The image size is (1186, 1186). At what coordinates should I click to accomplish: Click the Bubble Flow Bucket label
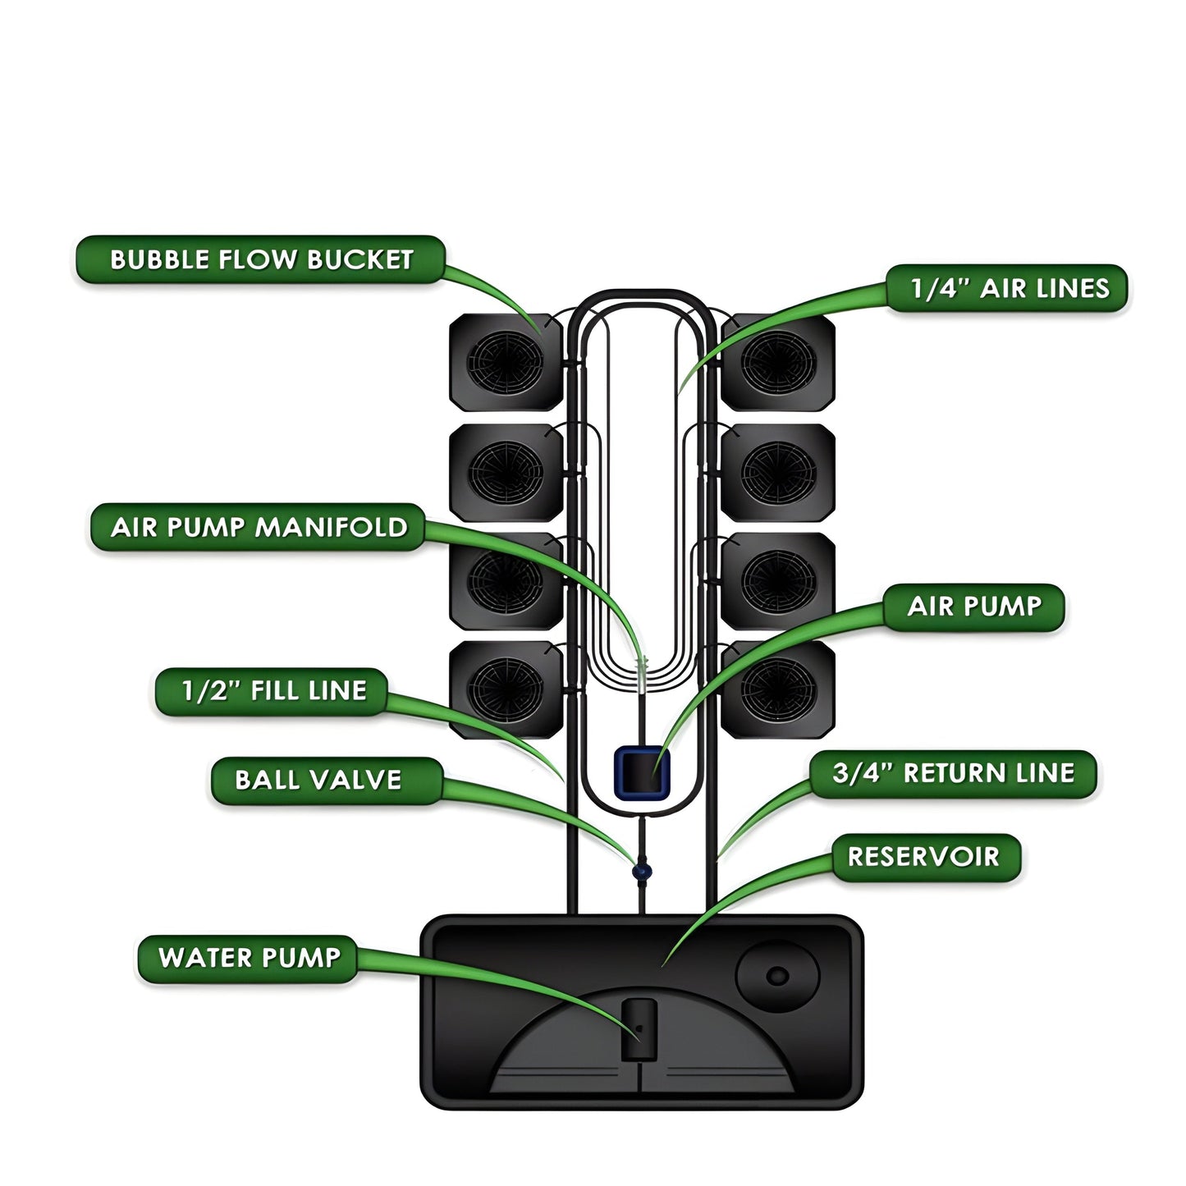[x=260, y=260]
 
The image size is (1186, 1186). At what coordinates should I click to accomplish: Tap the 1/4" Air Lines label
[x=1008, y=288]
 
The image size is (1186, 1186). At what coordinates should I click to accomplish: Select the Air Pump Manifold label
[x=258, y=527]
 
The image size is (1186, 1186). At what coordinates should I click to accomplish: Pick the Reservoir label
[x=925, y=857]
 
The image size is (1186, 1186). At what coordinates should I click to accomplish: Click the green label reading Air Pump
[x=973, y=607]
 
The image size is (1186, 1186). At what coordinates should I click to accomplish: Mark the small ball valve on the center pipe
[x=642, y=870]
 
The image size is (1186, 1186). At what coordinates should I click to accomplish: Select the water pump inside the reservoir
[x=638, y=1030]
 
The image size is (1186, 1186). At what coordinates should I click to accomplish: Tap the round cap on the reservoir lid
[x=777, y=976]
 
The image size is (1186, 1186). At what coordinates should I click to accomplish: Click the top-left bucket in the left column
[x=506, y=362]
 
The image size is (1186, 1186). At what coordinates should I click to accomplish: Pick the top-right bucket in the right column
[x=778, y=362]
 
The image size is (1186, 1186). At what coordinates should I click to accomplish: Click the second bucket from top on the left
[x=506, y=472]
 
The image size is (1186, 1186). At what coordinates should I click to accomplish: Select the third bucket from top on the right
[x=778, y=581]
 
